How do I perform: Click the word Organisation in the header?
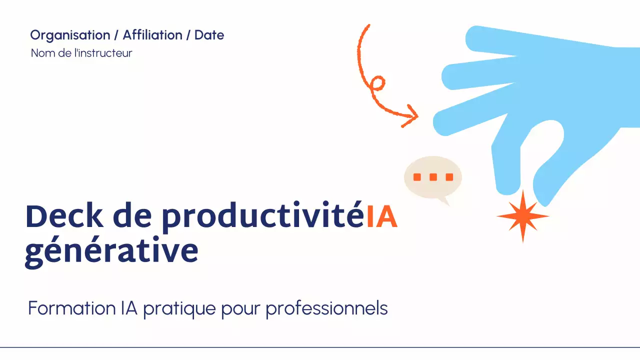tap(69, 35)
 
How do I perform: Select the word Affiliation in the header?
tap(152, 35)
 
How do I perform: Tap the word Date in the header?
tap(209, 35)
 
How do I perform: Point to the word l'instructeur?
tap(103, 53)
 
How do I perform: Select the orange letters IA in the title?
tap(381, 216)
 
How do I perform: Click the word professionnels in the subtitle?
tap(326, 309)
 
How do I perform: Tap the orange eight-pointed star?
tap(522, 216)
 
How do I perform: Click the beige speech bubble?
tap(433, 176)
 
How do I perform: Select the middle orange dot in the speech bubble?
tap(433, 177)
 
